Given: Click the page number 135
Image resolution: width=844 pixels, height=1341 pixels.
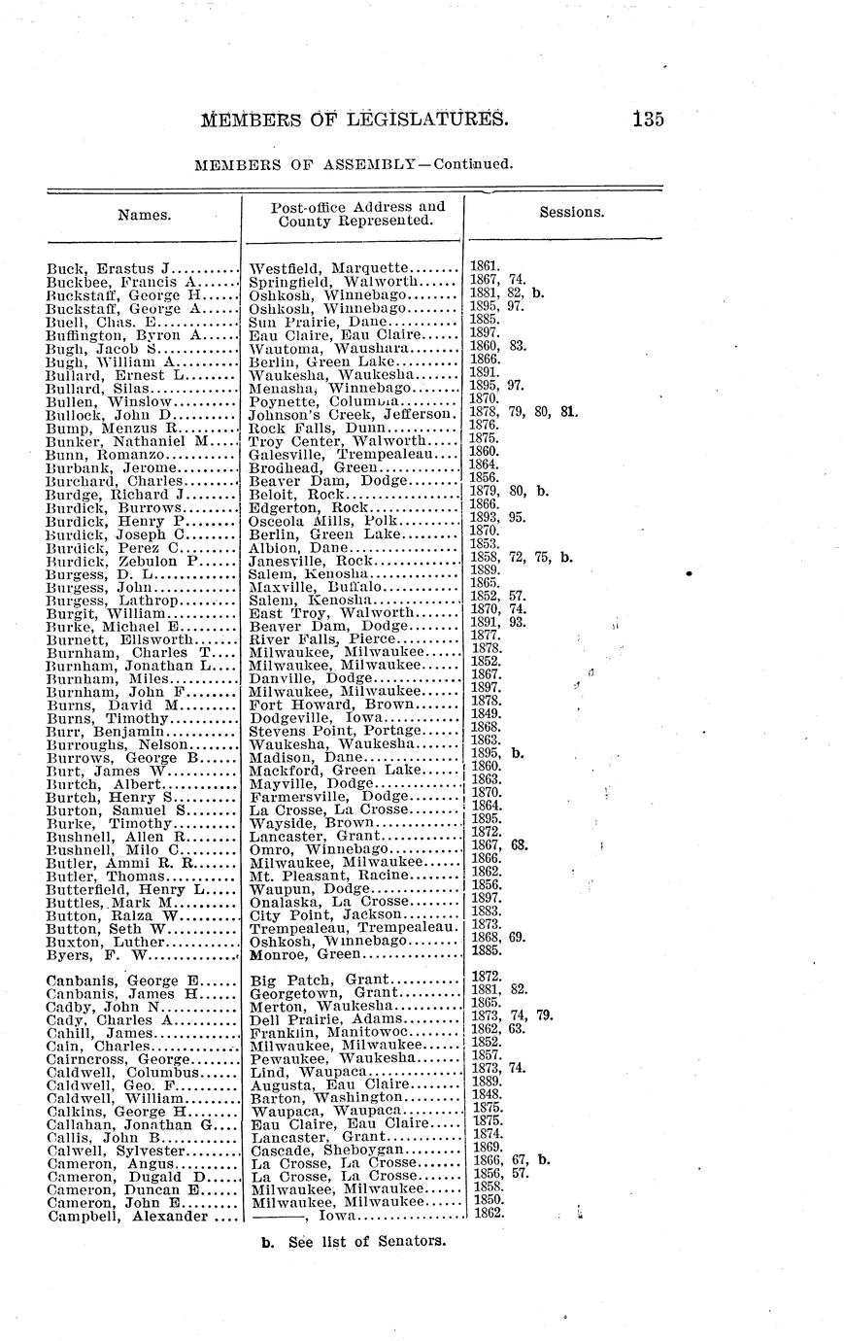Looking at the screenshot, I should coord(647,120).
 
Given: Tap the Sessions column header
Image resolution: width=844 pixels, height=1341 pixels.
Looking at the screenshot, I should coord(572,212).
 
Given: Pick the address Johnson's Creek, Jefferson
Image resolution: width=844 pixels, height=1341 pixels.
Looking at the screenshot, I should coord(353,413).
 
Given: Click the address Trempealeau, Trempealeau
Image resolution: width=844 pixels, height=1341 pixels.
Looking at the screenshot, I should coord(353,928).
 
